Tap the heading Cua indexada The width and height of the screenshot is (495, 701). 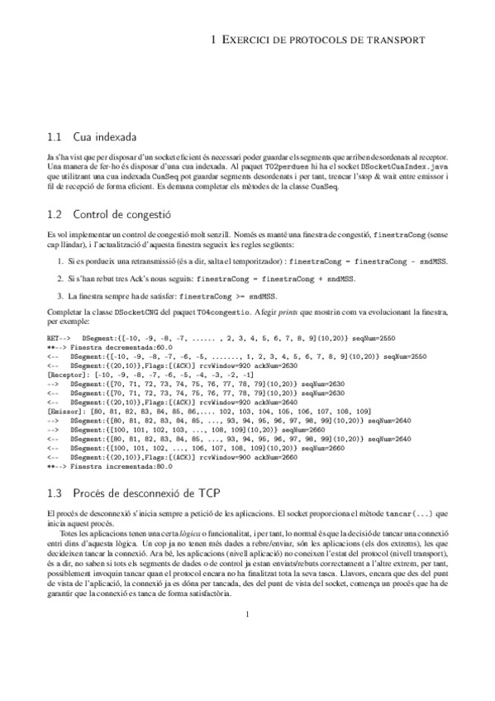click(105, 136)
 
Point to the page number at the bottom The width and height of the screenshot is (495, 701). click(247, 659)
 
